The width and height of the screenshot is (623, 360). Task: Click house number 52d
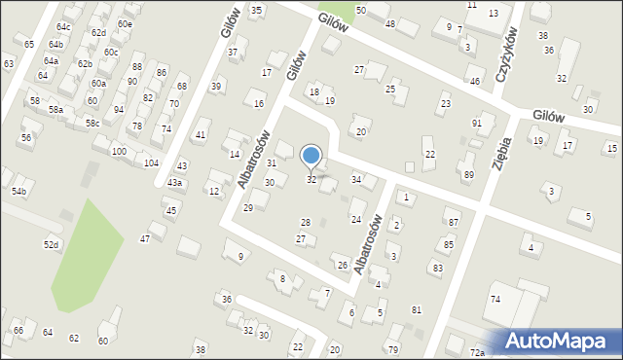click(x=52, y=244)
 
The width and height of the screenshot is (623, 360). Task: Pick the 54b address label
click(x=18, y=192)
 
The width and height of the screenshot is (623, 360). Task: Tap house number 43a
click(x=174, y=183)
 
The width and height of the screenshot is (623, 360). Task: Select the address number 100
click(x=119, y=152)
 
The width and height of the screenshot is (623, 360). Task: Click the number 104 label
click(x=151, y=162)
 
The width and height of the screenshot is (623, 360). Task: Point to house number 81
click(x=417, y=309)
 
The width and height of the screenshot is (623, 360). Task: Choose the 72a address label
click(x=476, y=351)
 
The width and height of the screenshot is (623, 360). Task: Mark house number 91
click(x=477, y=124)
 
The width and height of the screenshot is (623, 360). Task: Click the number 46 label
click(x=475, y=82)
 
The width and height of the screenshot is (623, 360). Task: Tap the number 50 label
click(x=360, y=10)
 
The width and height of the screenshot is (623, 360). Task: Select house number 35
click(x=256, y=10)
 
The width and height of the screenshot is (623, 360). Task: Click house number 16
click(x=258, y=104)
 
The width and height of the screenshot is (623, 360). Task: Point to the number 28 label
click(x=307, y=223)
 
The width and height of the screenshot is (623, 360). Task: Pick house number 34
click(x=357, y=180)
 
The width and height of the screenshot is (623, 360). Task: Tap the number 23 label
click(x=446, y=103)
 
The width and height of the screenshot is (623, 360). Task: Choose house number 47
click(x=145, y=238)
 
